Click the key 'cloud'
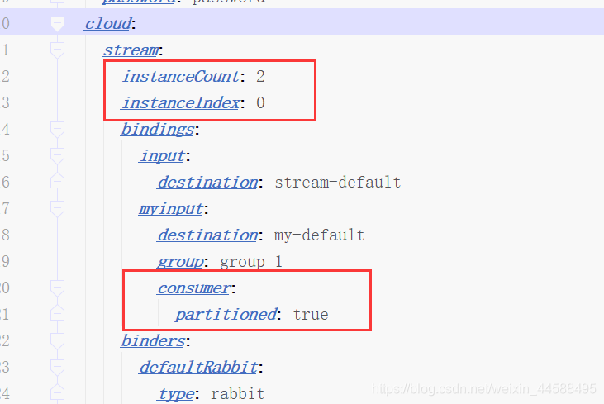107,23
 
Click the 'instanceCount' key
179,77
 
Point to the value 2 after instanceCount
260,77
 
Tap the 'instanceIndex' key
181,103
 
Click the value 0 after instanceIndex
260,103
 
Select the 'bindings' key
157,129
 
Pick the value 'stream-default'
338,182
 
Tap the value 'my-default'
319,235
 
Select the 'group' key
181,261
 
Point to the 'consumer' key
193,288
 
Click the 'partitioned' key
226,314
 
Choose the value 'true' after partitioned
311,314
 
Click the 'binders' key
152,340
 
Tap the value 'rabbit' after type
237,393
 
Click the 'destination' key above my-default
207,235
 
